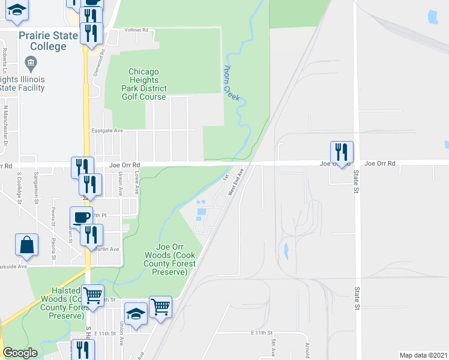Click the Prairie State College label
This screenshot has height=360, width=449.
[x=48, y=41]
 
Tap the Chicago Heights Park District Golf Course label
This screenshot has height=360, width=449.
[x=143, y=84]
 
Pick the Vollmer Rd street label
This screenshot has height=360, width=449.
[x=137, y=29]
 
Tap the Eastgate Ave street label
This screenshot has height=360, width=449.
[x=107, y=130]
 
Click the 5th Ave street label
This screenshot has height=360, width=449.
[x=273, y=347]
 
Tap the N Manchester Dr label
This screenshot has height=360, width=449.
[x=7, y=127]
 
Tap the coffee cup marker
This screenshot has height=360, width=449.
[x=81, y=217]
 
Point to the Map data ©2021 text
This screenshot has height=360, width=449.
[x=423, y=355]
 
